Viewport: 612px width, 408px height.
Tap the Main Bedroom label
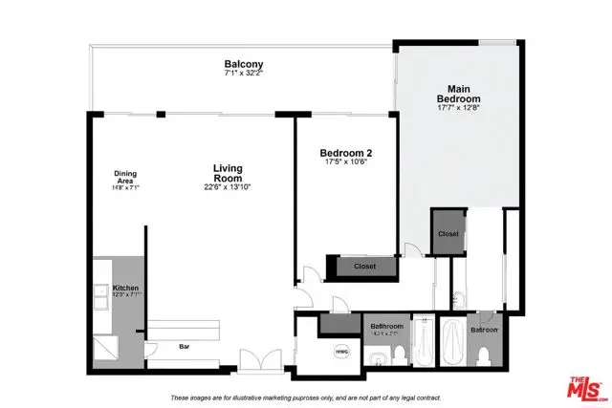pos(458,94)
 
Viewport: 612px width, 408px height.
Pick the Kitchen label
pos(126,288)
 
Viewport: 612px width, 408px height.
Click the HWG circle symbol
pos(341,352)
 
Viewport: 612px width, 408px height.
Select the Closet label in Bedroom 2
pos(364,267)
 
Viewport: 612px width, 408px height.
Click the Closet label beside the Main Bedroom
pos(448,233)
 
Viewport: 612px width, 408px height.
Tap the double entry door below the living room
pos(260,361)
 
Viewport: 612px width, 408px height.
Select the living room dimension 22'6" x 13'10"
pos(228,187)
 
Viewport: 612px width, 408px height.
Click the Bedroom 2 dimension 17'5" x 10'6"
pos(345,163)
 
